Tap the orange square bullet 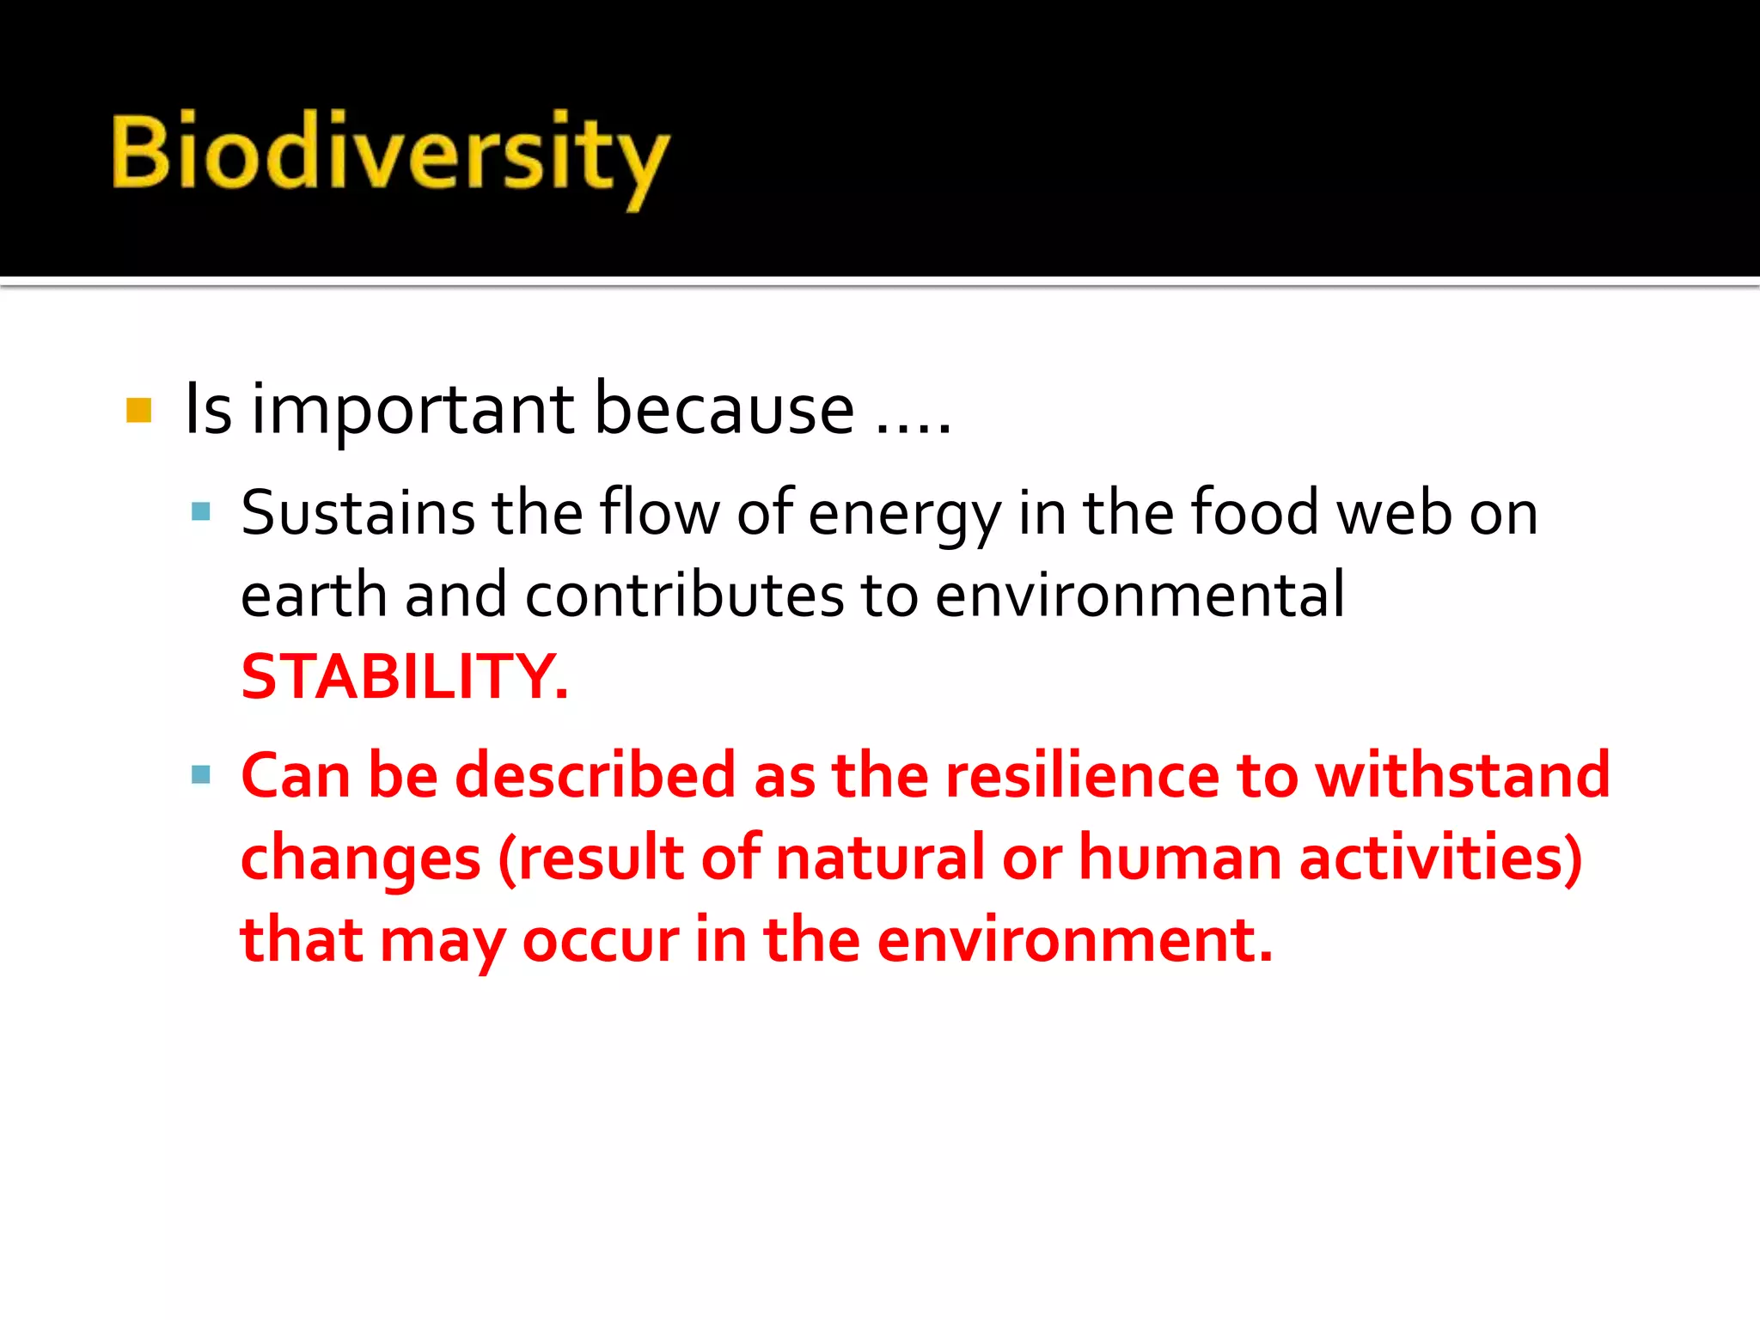[138, 410]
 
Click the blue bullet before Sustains [201, 513]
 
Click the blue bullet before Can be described [201, 775]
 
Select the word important [412, 411]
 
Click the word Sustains [357, 513]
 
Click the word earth [314, 595]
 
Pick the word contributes [684, 595]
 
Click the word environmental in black [1139, 595]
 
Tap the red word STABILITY [404, 677]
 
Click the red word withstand [1462, 775]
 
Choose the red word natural [879, 858]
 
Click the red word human [1179, 858]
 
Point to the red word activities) [1440, 858]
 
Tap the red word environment [1074, 940]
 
